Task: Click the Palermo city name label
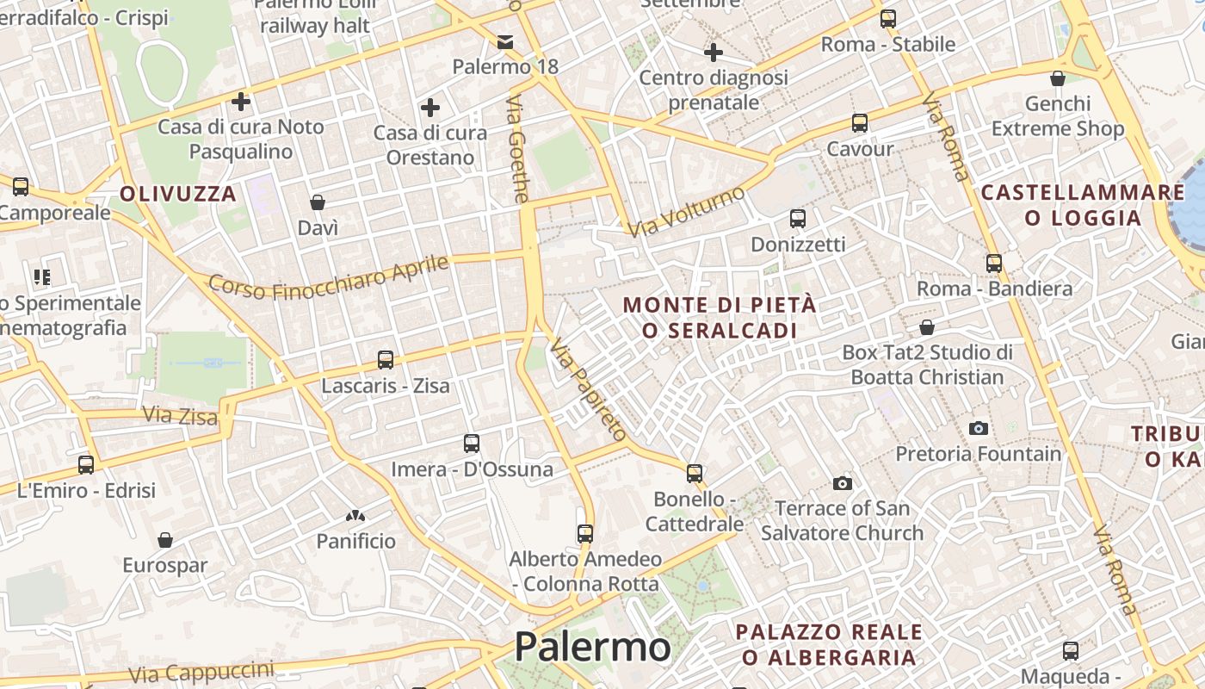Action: tap(592, 647)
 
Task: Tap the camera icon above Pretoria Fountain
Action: tap(979, 428)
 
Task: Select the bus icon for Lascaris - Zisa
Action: tap(386, 360)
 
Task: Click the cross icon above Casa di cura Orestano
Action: tap(430, 108)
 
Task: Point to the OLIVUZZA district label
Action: tap(178, 194)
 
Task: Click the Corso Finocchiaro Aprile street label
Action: tap(329, 277)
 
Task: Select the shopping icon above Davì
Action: tap(318, 202)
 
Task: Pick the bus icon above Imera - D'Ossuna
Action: tap(472, 444)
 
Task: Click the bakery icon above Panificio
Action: tap(355, 516)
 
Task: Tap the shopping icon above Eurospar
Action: tap(165, 540)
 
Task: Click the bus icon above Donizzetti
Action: tap(798, 219)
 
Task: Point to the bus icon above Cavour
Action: tap(860, 123)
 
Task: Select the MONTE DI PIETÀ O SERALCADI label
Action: tap(719, 318)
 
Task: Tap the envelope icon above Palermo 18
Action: tap(505, 41)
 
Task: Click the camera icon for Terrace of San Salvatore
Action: tap(843, 483)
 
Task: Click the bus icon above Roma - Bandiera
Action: tap(994, 264)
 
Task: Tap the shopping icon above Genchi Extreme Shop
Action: tap(1058, 78)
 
